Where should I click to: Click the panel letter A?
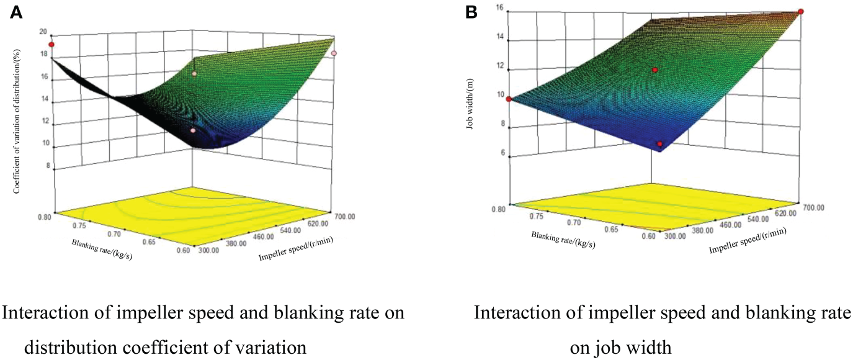(x=17, y=12)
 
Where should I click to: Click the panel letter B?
(x=471, y=12)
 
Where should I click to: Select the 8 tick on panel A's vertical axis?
(x=47, y=166)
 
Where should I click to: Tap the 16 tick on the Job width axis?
(x=499, y=9)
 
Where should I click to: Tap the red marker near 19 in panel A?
(x=52, y=45)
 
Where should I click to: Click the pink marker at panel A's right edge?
(x=334, y=54)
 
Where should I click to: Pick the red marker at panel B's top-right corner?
(x=801, y=12)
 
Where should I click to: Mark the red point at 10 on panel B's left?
(x=509, y=99)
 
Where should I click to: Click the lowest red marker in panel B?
(x=660, y=144)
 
